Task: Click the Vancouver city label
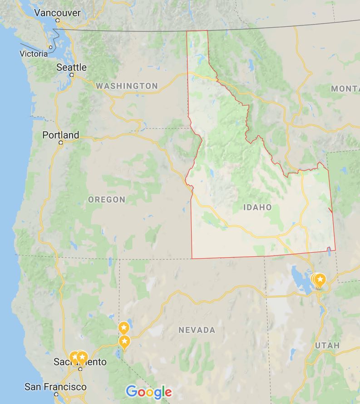coord(57,13)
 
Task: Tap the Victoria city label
coord(33,54)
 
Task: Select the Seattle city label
coord(71,67)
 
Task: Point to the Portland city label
coord(60,135)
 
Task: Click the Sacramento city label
coord(80,362)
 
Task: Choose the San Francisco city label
coord(55,387)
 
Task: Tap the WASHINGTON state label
coord(127,86)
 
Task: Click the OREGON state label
coord(106,200)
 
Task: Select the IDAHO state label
coord(257,208)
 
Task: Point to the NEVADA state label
coord(197,330)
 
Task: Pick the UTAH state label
coord(327,345)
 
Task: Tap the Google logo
coord(149,392)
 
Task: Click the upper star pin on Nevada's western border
coord(123,328)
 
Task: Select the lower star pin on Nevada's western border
coord(124,341)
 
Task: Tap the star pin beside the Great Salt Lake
coord(320,279)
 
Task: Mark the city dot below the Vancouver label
coord(58,20)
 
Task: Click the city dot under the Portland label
coord(60,143)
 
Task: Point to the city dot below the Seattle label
coord(72,75)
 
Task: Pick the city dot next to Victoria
coord(51,47)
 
